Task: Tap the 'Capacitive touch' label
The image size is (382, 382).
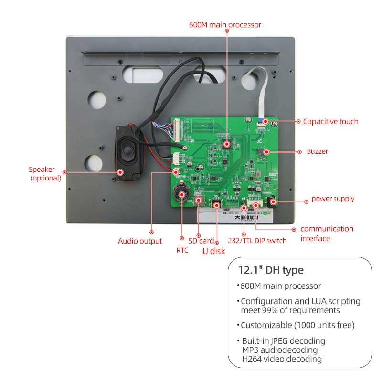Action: [x=330, y=121]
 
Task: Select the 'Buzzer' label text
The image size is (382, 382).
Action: [x=317, y=151]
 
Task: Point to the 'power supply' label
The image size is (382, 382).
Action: [x=333, y=198]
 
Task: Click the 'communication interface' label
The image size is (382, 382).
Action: [x=327, y=233]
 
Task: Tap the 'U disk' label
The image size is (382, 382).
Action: [x=213, y=251]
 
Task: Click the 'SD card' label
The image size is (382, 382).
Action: [x=201, y=241]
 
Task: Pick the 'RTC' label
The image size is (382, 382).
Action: [x=182, y=250]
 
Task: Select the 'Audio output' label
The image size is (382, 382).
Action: [x=140, y=241]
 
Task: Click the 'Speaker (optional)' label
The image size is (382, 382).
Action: [x=45, y=174]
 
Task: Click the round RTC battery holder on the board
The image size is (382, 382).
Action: [x=181, y=193]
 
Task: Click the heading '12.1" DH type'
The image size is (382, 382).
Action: [x=271, y=270]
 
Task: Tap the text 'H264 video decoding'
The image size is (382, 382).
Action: [x=282, y=359]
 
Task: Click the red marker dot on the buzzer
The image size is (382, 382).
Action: [x=267, y=152]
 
